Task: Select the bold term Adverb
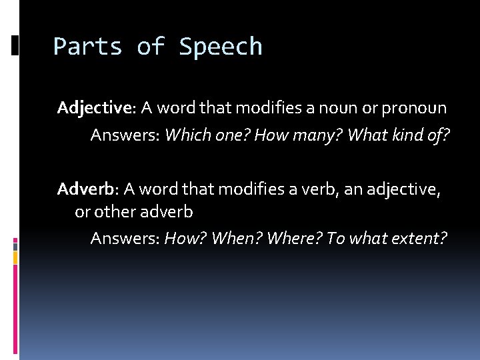tap(86, 189)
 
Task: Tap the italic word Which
tap(186, 135)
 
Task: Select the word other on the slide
tap(113, 211)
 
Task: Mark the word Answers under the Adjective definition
tap(125, 135)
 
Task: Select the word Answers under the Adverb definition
tap(125, 238)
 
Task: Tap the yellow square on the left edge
tap(15, 245)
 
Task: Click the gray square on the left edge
tap(15, 255)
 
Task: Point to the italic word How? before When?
tap(185, 238)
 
